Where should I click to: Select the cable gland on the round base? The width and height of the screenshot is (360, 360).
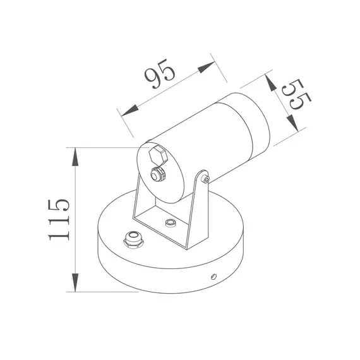133,240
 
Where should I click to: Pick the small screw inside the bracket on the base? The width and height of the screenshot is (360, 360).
169,224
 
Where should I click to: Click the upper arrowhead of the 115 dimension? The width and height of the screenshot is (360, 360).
76,155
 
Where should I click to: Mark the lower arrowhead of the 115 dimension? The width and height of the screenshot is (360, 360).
76,284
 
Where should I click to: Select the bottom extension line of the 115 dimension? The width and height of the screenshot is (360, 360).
104,292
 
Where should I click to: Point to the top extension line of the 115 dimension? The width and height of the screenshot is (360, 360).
104,147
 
